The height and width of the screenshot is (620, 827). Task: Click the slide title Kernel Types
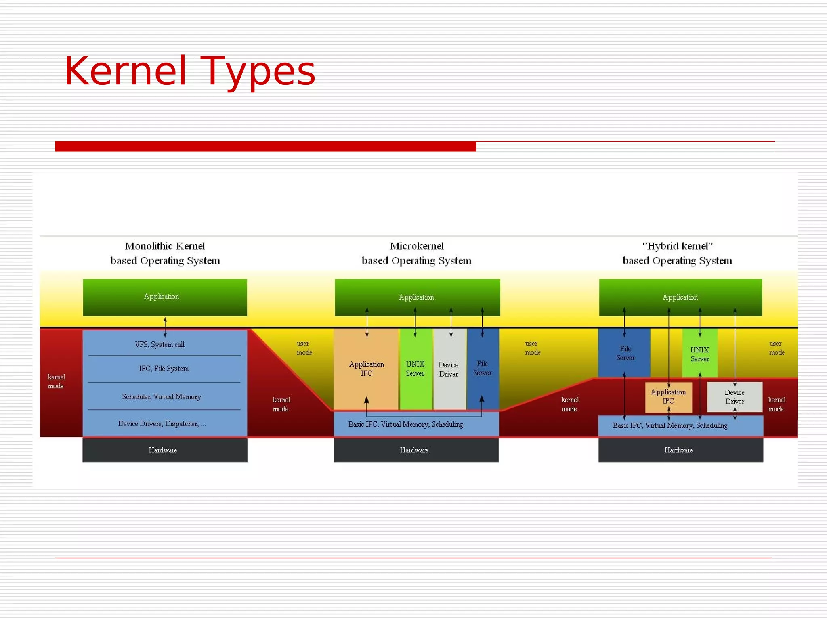pyautogui.click(x=190, y=71)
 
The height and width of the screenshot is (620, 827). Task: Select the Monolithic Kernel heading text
pyautogui.click(x=165, y=246)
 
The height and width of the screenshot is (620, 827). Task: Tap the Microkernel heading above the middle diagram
pyautogui.click(x=416, y=246)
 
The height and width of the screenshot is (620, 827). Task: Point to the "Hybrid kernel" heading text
pyautogui.click(x=677, y=246)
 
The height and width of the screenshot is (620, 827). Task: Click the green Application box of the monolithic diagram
pyautogui.click(x=165, y=297)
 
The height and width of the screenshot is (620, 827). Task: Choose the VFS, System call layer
pyautogui.click(x=160, y=344)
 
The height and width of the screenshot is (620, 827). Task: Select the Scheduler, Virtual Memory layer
pyautogui.click(x=162, y=397)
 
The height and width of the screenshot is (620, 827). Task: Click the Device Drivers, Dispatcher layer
pyautogui.click(x=162, y=424)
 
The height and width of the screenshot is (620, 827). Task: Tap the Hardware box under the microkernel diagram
pyautogui.click(x=416, y=450)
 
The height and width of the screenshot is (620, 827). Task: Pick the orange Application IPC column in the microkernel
pyautogui.click(x=366, y=369)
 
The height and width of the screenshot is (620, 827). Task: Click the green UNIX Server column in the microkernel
pyautogui.click(x=415, y=369)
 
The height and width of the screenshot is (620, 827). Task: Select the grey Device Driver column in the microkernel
pyautogui.click(x=449, y=369)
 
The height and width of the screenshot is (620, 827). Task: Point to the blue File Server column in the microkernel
pyautogui.click(x=483, y=368)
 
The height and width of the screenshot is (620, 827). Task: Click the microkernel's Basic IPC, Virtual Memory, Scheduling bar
pyautogui.click(x=406, y=425)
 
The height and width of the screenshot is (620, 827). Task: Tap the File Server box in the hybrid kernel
pyautogui.click(x=625, y=353)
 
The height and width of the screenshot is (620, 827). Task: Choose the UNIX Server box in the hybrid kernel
pyautogui.click(x=700, y=354)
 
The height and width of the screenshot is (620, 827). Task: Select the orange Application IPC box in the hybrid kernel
pyautogui.click(x=668, y=397)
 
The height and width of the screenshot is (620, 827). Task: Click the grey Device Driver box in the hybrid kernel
pyautogui.click(x=735, y=397)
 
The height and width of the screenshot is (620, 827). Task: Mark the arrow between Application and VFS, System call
pyautogui.click(x=165, y=327)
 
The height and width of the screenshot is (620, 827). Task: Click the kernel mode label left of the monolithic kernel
pyautogui.click(x=56, y=381)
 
